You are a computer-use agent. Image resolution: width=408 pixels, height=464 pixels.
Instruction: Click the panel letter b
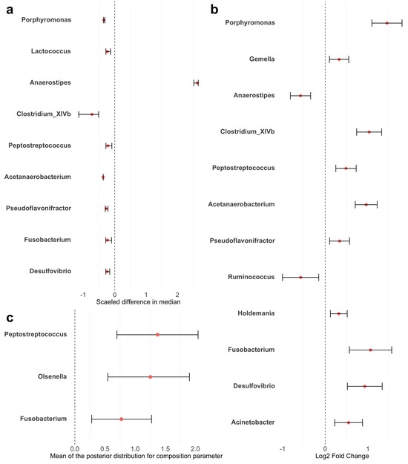pos(214,10)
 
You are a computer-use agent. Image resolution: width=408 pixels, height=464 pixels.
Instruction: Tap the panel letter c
pos(8,318)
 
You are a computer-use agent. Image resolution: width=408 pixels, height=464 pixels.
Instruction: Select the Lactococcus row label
pos(51,51)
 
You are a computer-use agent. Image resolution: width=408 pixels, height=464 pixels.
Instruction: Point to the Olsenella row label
pos(52,377)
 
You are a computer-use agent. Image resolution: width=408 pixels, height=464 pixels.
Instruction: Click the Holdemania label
pos(254,313)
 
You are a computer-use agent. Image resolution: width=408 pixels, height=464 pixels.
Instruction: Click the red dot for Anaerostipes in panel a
pos(197,83)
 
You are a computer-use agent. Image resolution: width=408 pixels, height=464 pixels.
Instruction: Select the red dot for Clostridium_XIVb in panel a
pos(92,114)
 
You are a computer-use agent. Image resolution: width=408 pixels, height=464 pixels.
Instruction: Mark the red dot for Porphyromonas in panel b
pos(386,23)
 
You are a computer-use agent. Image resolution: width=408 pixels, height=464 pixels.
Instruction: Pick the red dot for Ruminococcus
pos(300,277)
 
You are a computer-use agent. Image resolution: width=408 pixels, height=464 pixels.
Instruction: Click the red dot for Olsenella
pos(151,377)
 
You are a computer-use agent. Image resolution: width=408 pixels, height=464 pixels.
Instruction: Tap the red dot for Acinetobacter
pos(349,422)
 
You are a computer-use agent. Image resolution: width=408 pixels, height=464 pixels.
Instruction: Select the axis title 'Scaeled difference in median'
pos(138,301)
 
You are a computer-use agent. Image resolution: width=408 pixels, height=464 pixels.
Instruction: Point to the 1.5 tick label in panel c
pos(165,448)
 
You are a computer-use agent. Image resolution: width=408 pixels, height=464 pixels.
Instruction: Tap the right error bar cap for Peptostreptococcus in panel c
pos(198,335)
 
